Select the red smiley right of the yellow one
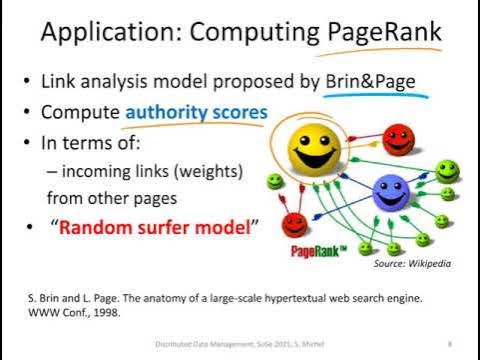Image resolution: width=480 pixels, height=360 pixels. click(399, 137)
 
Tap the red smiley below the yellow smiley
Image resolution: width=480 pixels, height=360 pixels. click(294, 222)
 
